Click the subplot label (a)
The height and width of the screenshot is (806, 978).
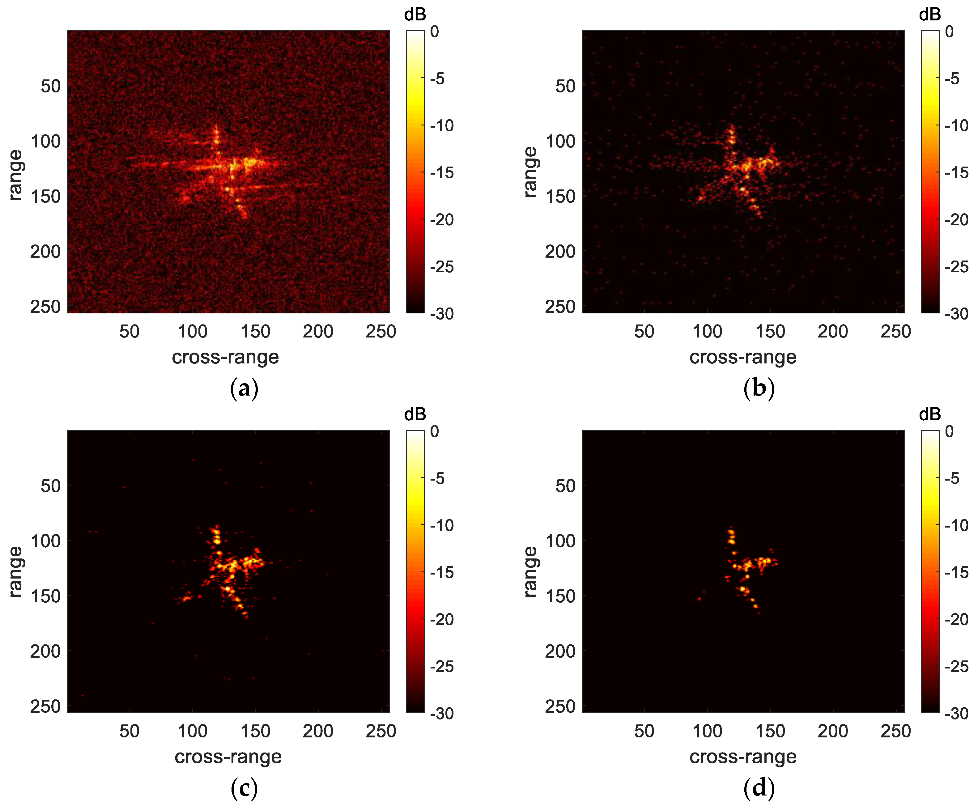244,388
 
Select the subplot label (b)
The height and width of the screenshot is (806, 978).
759,388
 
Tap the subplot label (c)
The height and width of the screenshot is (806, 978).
244,788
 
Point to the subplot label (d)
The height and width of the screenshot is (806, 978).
759,788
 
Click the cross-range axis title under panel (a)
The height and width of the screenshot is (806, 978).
225,357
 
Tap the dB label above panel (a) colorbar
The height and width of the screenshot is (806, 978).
415,15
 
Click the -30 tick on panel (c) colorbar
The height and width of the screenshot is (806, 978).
441,714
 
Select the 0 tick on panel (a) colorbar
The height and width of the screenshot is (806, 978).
434,32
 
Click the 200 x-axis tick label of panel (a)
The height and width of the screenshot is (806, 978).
318,332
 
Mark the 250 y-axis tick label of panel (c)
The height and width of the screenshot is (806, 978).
45,706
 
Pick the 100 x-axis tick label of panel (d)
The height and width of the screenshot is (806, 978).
707,731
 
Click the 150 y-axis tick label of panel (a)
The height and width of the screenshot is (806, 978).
45,196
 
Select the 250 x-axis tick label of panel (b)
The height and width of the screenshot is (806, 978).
895,332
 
